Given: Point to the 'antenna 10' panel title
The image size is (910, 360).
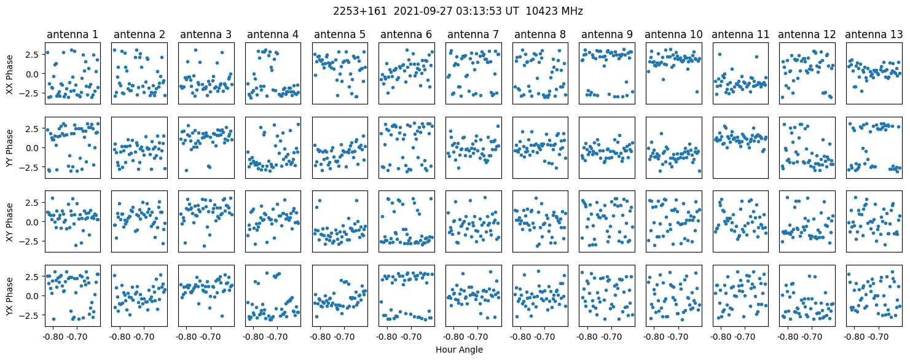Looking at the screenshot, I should (x=673, y=34).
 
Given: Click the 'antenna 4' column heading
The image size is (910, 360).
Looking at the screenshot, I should (x=273, y=34).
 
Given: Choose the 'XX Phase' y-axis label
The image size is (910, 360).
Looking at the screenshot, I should (x=9, y=74).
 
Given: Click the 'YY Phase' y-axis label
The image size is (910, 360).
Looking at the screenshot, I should (x=9, y=148).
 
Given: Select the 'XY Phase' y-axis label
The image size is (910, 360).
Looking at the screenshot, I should (x=9, y=222).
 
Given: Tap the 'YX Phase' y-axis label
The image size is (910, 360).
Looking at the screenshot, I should (x=9, y=295).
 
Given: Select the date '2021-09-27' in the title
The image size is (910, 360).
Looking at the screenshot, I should (x=413, y=11).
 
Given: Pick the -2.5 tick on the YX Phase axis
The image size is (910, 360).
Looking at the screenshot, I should (x=29, y=315).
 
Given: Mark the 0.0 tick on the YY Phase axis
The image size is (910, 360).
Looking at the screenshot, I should (x=31, y=148).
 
